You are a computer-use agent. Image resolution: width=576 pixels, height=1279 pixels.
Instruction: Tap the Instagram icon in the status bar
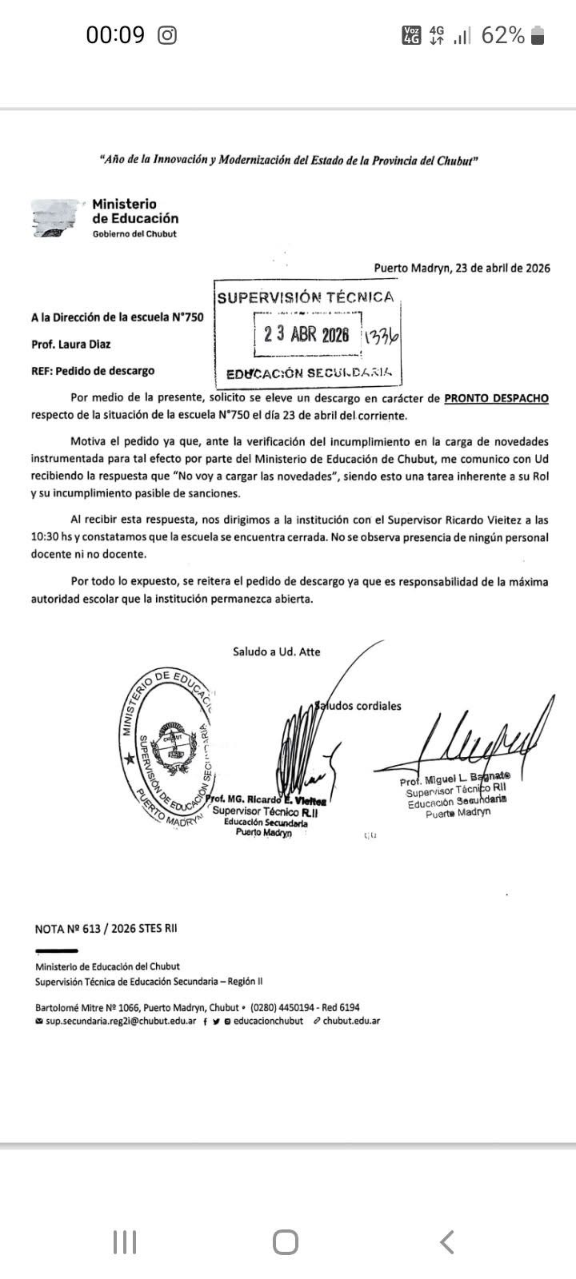point(167,35)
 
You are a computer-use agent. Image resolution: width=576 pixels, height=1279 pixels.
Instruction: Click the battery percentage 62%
point(502,35)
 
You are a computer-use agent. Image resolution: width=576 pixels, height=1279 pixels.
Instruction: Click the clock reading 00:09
point(115,35)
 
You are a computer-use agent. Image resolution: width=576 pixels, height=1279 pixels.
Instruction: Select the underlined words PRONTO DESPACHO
point(496,398)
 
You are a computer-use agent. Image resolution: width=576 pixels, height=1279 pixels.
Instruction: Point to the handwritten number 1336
point(381,337)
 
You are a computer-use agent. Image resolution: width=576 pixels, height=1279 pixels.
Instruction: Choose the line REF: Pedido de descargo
point(92,371)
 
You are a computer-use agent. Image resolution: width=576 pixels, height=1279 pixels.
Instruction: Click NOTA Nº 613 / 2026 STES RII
point(106,929)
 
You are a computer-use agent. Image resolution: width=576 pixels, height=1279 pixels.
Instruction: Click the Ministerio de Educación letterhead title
point(135,211)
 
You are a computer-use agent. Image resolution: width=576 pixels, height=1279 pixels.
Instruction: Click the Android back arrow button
point(447,1242)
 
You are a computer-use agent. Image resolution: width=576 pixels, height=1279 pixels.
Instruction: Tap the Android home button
point(286,1242)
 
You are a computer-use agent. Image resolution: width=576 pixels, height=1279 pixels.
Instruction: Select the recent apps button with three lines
point(125,1242)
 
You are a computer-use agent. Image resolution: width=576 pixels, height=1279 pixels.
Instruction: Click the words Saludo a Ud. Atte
point(277,651)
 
